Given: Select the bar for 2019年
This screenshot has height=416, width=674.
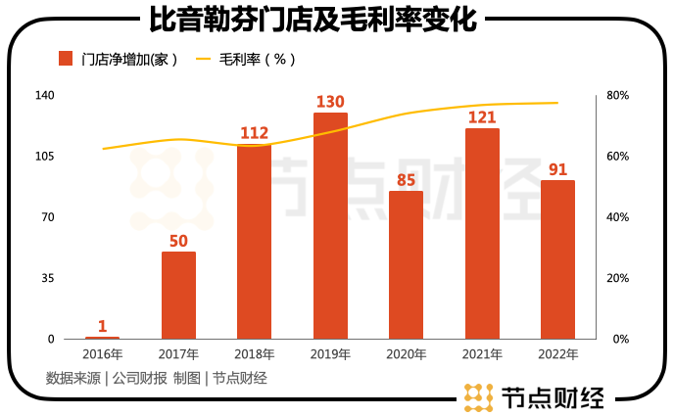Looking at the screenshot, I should (x=330, y=225).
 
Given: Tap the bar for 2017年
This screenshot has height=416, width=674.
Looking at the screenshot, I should (x=178, y=295).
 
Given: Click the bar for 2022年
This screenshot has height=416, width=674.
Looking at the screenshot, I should (x=557, y=259).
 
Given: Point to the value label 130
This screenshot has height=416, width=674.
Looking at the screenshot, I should (x=330, y=102).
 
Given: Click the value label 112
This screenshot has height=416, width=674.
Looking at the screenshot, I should (x=254, y=133).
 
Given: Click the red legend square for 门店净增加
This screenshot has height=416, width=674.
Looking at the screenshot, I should (x=67, y=59).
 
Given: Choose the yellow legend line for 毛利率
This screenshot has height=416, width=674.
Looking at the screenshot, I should (x=204, y=59).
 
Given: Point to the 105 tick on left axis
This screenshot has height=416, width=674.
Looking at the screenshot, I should (x=45, y=157).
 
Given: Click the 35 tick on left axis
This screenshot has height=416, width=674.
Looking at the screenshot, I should (x=48, y=278).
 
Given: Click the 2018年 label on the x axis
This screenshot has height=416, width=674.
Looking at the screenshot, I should (x=254, y=353).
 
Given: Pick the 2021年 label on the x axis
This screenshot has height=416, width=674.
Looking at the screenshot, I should (x=482, y=353).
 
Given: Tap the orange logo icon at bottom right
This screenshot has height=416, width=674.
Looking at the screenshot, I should (x=477, y=396).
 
